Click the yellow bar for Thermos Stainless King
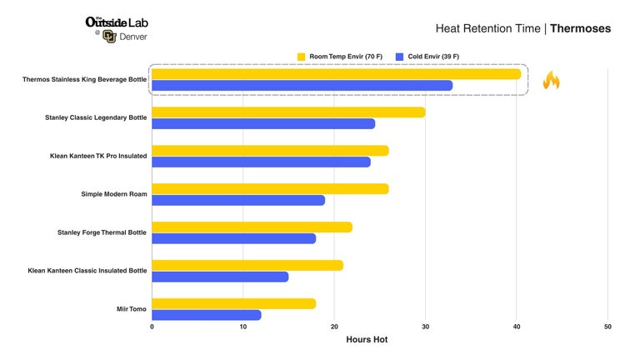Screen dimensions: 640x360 click(337, 74)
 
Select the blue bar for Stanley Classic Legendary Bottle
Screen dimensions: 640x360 click(263, 123)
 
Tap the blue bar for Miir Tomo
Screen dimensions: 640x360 click(207, 315)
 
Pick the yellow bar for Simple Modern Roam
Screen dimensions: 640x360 click(270, 188)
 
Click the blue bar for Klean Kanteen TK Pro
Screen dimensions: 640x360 click(261, 162)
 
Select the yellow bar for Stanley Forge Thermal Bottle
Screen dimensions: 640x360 click(252, 227)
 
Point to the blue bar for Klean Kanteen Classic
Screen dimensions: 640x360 click(220, 277)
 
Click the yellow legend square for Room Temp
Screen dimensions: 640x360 click(301, 57)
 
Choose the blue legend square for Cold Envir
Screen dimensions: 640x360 click(400, 57)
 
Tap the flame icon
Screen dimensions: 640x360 click(551, 80)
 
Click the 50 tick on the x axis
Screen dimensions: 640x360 click(607, 327)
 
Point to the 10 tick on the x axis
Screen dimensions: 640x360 click(243, 327)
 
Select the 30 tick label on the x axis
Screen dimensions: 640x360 click(425, 327)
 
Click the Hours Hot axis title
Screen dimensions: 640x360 click(367, 340)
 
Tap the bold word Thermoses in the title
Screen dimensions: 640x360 click(580, 28)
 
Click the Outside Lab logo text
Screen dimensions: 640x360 click(117, 22)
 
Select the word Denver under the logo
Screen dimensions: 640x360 click(133, 37)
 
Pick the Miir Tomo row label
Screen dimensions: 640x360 click(132, 309)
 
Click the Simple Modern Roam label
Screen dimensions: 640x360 click(114, 194)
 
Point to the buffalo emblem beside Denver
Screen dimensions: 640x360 click(109, 37)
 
